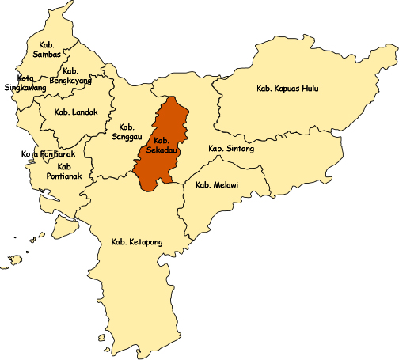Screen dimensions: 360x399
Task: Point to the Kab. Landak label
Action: tap(77, 112)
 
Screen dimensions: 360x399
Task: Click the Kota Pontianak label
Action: tap(48, 154)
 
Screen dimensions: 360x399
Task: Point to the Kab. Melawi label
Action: tap(217, 185)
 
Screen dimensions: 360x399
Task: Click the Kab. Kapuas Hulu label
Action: tap(288, 89)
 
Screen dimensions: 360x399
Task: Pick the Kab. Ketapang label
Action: tap(132, 241)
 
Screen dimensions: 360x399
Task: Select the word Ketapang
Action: tap(140, 241)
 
